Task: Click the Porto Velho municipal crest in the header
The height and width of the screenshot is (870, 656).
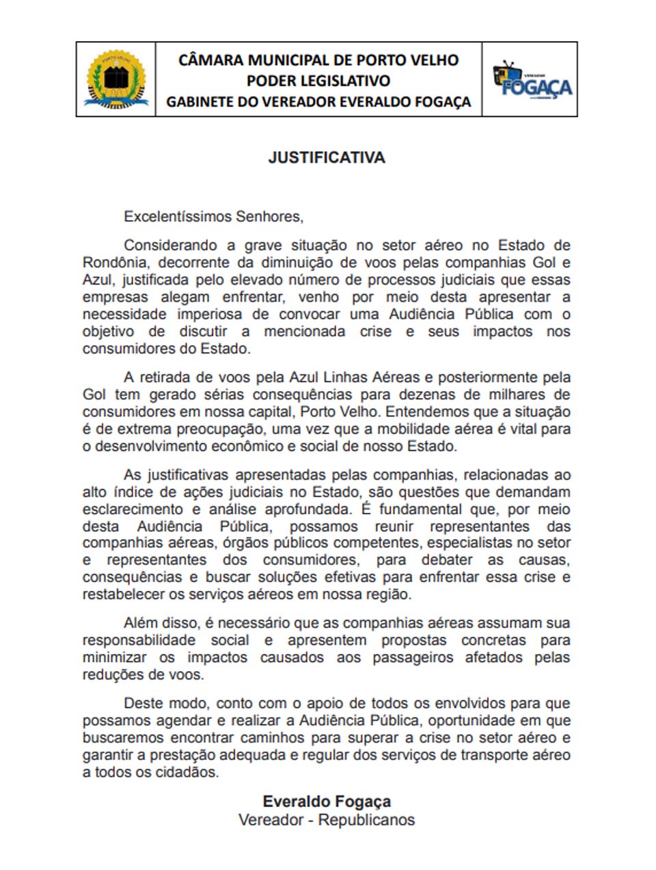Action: [x=116, y=79]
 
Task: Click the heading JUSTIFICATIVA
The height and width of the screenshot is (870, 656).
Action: [x=327, y=157]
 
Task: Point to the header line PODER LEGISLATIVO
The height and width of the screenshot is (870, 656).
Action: [x=318, y=81]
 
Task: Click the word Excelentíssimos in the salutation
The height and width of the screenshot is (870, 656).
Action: [x=178, y=217]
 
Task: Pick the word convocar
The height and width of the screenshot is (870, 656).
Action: [x=310, y=314]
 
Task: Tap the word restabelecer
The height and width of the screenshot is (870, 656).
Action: [x=124, y=594]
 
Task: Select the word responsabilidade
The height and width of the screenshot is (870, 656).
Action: [x=139, y=640]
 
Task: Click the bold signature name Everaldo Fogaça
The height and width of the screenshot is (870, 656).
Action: [x=327, y=802]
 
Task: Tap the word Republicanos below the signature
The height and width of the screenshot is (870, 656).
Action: [x=366, y=819]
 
